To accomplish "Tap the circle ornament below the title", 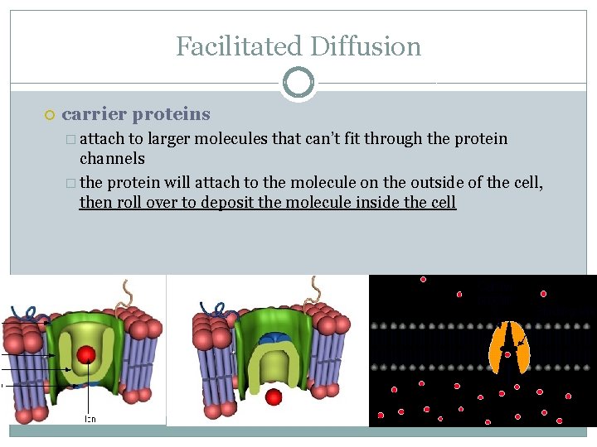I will pos(298,84).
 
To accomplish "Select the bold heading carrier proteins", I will pos(136,114).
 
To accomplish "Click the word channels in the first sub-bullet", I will pos(112,158).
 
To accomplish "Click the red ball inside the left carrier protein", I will pos(85,355).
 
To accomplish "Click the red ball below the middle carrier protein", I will pos(274,397).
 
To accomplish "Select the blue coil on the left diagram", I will pos(25,314).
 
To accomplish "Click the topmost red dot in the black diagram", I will pos(423,280).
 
